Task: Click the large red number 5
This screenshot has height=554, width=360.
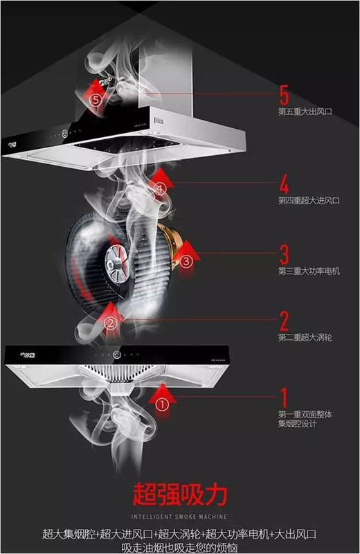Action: click(282, 93)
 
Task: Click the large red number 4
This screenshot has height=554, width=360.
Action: click(283, 185)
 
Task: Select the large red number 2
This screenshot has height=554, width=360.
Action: click(283, 320)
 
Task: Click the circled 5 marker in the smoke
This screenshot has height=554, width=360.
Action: click(96, 100)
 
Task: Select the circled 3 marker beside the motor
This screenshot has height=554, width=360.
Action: click(186, 261)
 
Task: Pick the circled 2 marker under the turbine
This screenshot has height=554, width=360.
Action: click(109, 322)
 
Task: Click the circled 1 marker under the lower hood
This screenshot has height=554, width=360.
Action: click(161, 402)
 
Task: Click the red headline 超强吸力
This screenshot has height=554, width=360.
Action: click(179, 495)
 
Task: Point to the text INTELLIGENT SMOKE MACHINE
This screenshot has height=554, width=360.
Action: click(179, 517)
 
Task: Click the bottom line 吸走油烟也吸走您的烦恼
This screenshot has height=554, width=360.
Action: click(180, 546)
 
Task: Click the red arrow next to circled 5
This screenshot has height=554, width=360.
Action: click(88, 88)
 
